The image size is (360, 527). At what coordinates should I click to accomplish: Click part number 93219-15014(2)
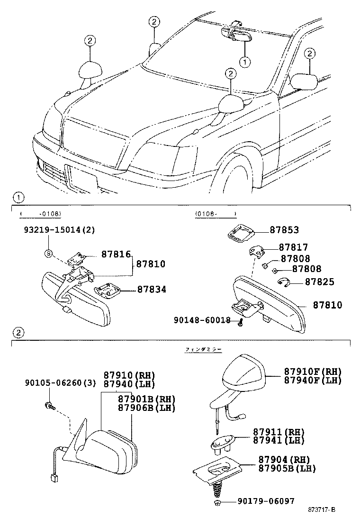click(60, 230)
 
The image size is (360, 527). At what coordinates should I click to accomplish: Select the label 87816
click(116, 254)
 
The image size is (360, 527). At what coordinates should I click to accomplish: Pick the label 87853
click(284, 230)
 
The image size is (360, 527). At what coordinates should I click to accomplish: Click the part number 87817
click(293, 247)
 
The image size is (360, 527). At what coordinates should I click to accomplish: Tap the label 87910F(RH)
click(312, 371)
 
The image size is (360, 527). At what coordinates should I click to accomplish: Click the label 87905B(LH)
click(287, 468)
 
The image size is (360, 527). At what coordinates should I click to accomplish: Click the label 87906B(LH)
click(146, 408)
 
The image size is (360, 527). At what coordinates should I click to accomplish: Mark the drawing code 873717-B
click(321, 509)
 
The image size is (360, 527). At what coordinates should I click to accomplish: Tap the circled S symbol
click(48, 254)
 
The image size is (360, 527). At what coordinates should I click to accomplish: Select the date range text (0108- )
click(216, 214)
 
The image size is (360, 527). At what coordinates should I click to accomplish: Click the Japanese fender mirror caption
click(203, 349)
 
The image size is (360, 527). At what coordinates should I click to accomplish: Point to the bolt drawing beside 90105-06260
click(50, 406)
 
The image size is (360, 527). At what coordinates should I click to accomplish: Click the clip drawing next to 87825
click(282, 282)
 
